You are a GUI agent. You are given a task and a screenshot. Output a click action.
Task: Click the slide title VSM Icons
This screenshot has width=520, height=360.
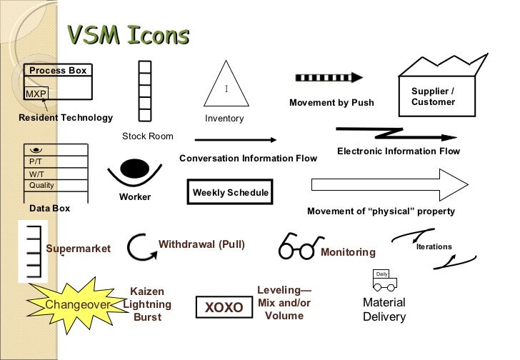point(128,35)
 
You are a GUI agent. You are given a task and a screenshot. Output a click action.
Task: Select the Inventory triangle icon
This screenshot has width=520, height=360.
point(225,91)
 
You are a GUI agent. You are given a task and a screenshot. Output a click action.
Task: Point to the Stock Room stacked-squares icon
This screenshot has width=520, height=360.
point(145,93)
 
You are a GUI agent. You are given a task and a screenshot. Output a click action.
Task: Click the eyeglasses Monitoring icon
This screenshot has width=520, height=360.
point(296,247)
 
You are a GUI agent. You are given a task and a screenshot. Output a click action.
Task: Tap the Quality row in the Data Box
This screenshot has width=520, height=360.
point(41,186)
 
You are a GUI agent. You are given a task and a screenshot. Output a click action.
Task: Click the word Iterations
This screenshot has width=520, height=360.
point(434,246)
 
